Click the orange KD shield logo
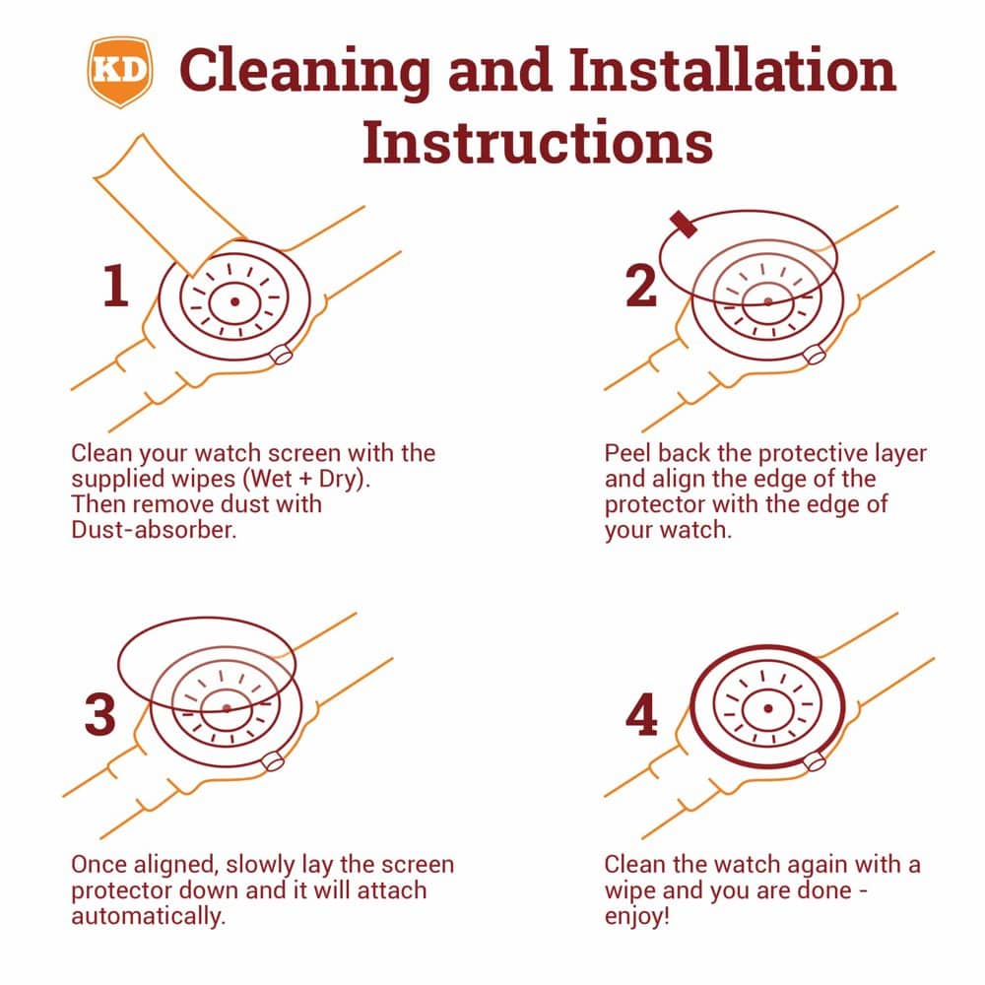[x=120, y=71]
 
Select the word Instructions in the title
[x=538, y=142]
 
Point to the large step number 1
[x=115, y=286]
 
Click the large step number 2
[x=641, y=286]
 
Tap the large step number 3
[x=100, y=714]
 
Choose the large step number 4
[x=641, y=714]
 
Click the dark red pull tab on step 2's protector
[x=684, y=225]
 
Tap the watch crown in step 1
[x=281, y=355]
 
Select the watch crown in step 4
[x=815, y=761]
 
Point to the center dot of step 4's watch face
[x=767, y=708]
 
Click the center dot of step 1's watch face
[x=235, y=301]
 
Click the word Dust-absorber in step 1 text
[x=154, y=530]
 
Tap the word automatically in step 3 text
[x=149, y=916]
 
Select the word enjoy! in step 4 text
[x=637, y=916]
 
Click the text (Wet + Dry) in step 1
[x=306, y=479]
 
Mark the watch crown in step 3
[x=273, y=761]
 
